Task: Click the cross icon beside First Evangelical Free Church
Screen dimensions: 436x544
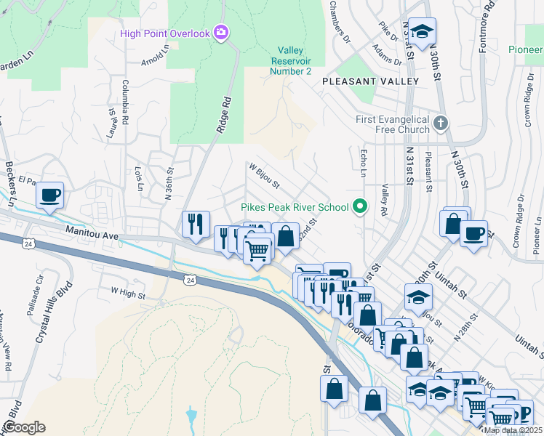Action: [x=440, y=123]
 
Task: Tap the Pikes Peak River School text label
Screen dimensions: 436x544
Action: [x=295, y=208]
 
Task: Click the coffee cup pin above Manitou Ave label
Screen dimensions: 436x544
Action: [x=49, y=195]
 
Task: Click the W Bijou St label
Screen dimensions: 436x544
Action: [x=265, y=175]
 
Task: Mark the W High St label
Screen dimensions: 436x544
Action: [x=129, y=291]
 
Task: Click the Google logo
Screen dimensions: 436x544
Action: [x=23, y=427]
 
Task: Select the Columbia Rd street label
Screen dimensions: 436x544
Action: [x=126, y=101]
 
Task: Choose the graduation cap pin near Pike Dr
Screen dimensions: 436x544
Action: [x=421, y=31]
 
